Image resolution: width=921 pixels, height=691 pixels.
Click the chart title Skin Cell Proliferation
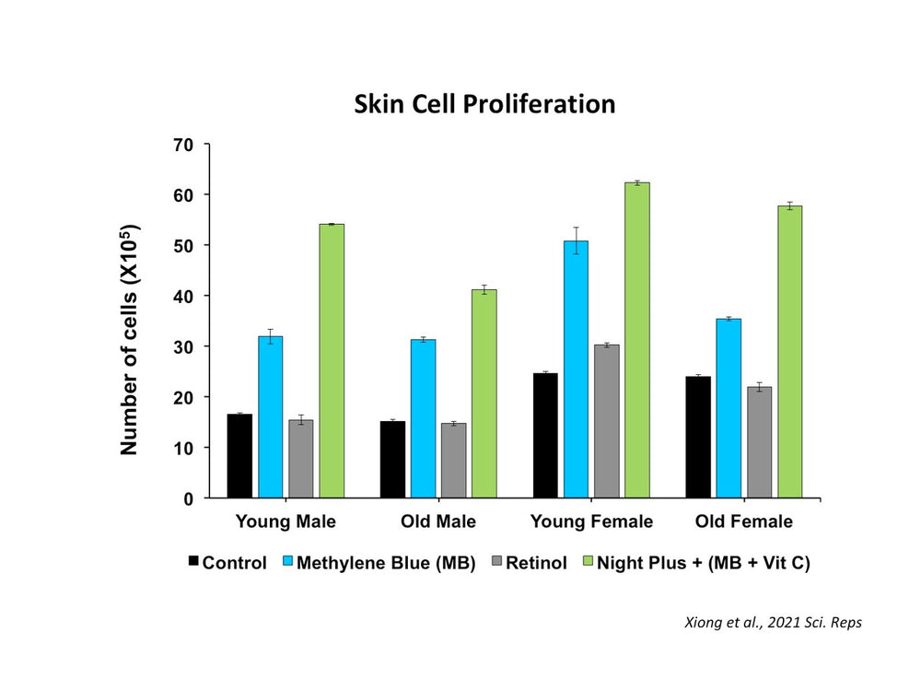484,104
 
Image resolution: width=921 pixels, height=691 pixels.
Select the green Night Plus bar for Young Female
636,340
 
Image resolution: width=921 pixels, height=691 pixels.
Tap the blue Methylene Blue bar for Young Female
576,369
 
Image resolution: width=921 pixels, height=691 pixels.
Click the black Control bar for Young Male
239,456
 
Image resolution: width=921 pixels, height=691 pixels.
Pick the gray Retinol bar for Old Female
759,442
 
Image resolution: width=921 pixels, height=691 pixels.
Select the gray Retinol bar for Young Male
300,459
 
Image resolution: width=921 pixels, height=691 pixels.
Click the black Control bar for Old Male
392,460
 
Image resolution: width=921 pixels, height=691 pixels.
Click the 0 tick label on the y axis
189,498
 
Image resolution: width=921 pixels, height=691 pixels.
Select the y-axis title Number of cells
129,340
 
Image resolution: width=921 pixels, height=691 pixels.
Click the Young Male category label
286,522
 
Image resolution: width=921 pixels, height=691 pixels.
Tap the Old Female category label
744,522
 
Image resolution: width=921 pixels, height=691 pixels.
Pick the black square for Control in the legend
192,562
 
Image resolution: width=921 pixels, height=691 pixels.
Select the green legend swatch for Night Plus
589,562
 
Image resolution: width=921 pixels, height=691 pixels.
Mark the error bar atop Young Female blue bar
576,240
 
